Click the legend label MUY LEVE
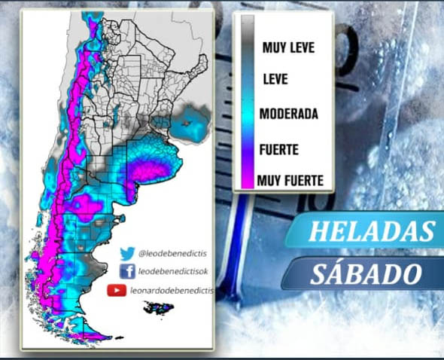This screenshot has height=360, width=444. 289,48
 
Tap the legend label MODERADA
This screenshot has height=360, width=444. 289,114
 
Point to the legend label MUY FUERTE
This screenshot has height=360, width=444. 290,181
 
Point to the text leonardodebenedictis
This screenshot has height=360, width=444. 172,290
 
